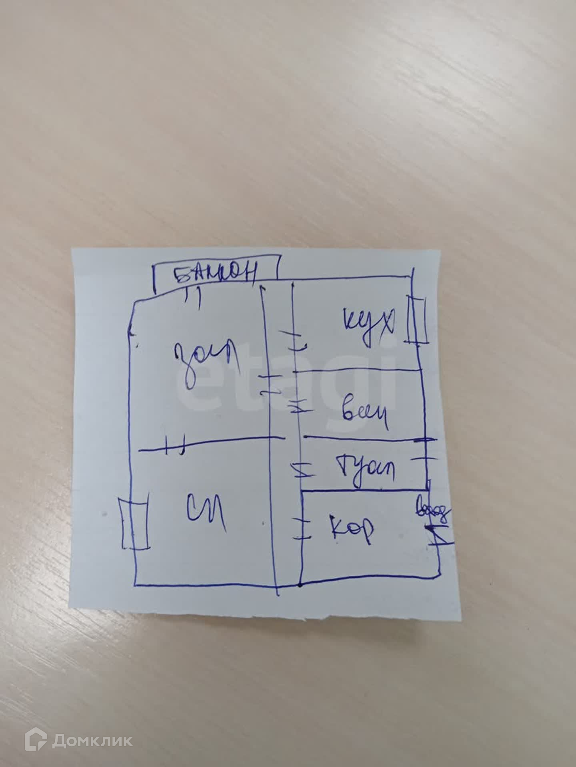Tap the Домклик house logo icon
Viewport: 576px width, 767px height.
click(35, 730)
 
